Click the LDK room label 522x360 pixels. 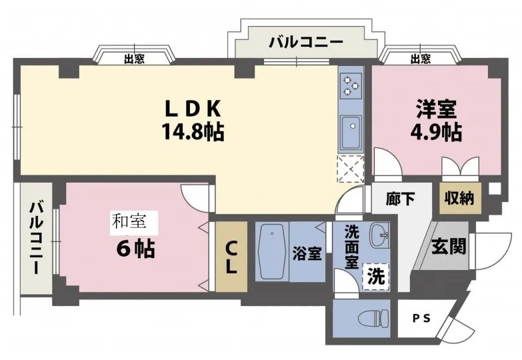(x=193, y=109)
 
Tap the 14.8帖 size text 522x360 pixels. (x=193, y=131)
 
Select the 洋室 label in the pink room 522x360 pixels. (x=436, y=109)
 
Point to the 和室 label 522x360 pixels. (x=129, y=221)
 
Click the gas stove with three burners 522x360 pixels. (x=351, y=85)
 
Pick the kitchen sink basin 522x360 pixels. (x=351, y=133)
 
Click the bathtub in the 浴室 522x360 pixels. (x=271, y=251)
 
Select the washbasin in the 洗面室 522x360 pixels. (x=379, y=235)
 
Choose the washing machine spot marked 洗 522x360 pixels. (x=376, y=276)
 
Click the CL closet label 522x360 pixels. (x=231, y=257)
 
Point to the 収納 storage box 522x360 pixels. (x=460, y=199)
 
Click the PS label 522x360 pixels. (x=422, y=319)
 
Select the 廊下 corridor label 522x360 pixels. (x=401, y=199)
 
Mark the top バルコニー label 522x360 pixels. (x=306, y=42)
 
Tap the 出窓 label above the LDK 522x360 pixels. (x=134, y=59)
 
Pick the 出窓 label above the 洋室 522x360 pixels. (x=421, y=59)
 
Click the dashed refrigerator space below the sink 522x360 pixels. (x=351, y=169)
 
